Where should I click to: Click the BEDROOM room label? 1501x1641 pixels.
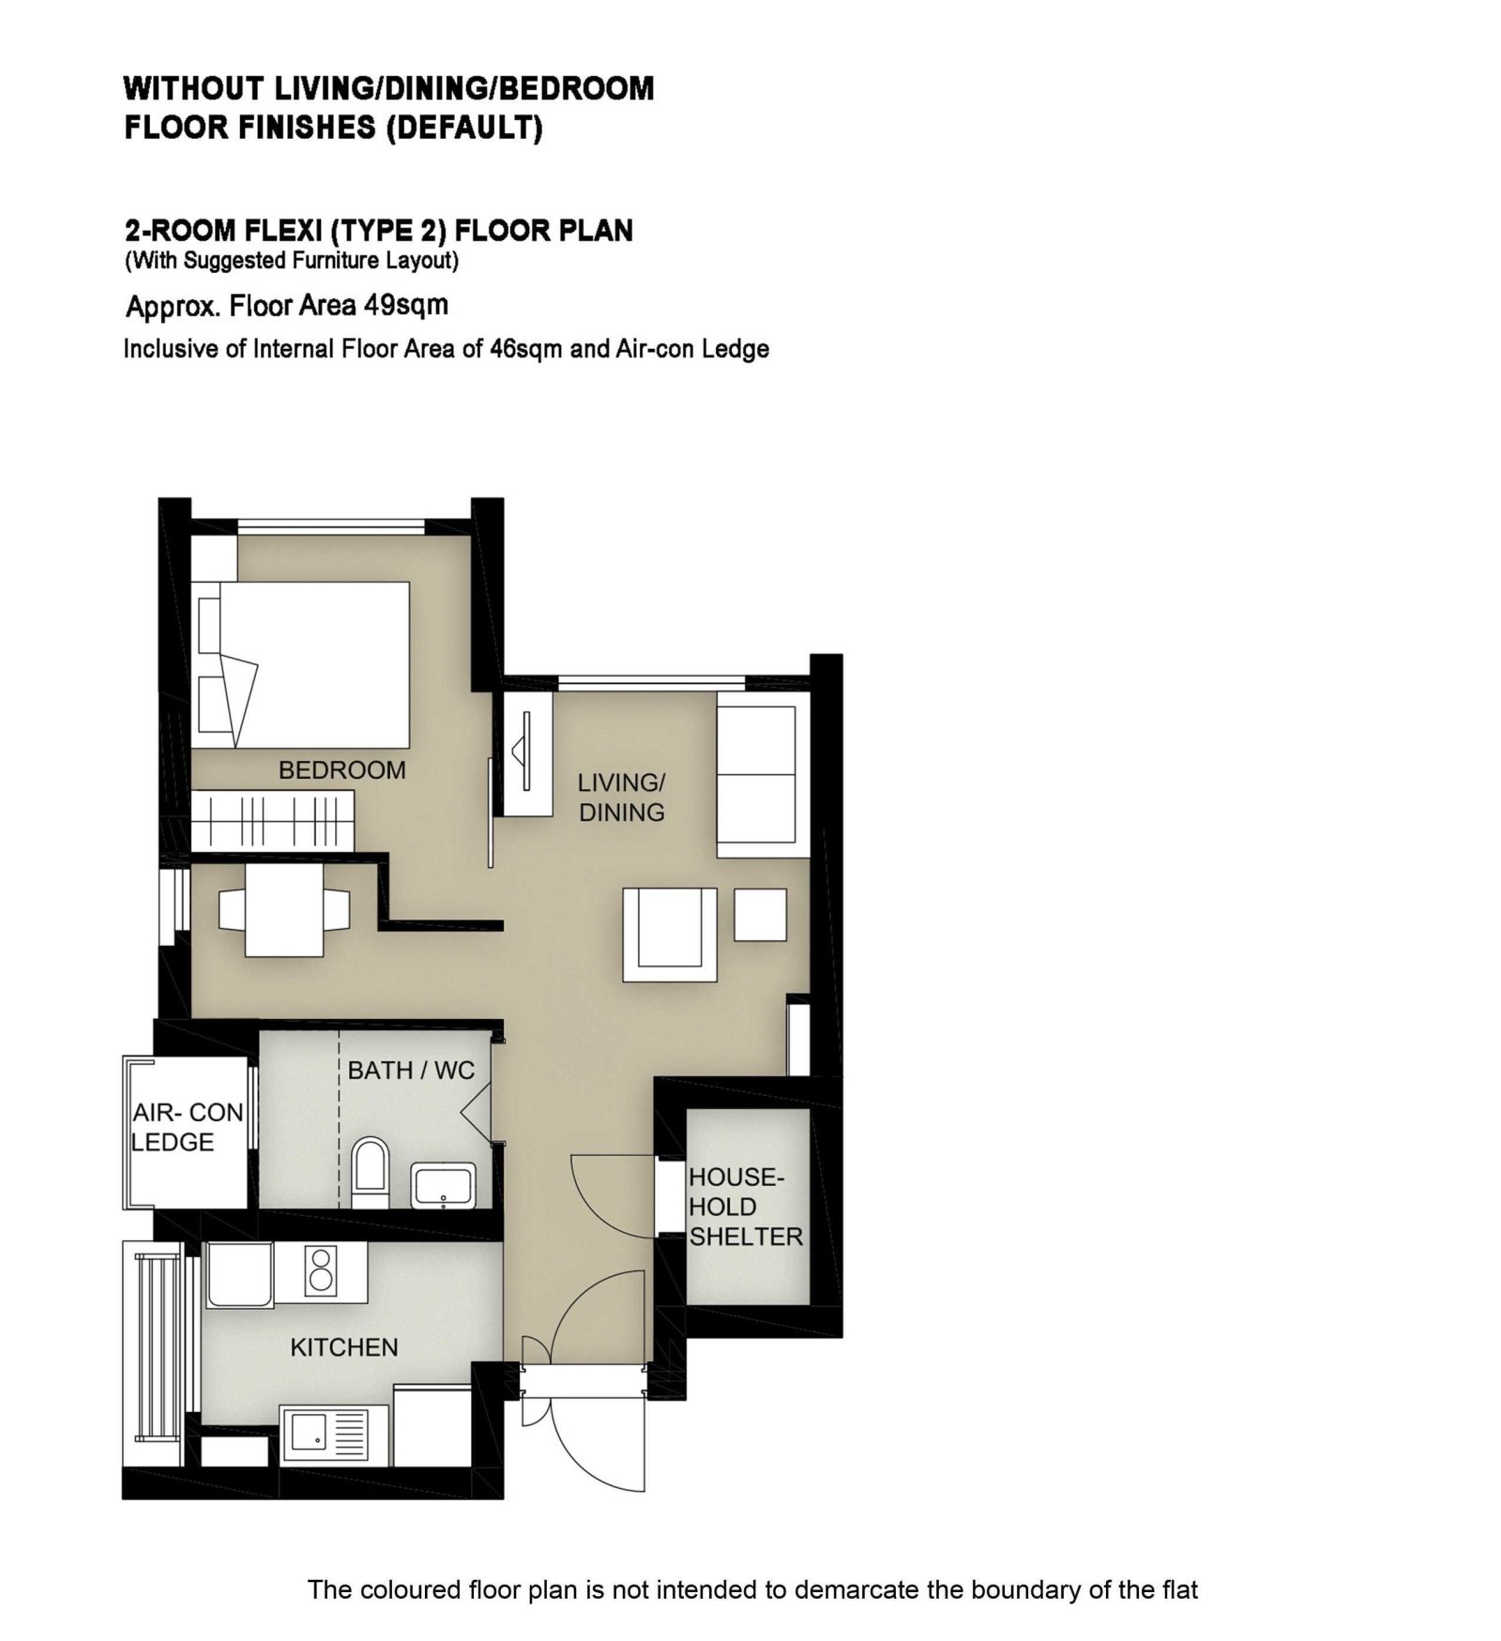pos(341,770)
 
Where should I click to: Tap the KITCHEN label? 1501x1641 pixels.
pos(343,1347)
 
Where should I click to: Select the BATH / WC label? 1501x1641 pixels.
pos(411,1071)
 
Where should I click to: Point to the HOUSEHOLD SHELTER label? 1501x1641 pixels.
pos(746,1208)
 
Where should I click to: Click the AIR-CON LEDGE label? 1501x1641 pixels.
pos(188,1127)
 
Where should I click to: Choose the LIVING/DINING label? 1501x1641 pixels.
pos(621,798)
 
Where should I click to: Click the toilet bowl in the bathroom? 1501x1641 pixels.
pos(370,1174)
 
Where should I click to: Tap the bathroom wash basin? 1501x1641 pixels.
pos(444,1186)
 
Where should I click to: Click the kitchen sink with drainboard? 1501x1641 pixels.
pos(325,1434)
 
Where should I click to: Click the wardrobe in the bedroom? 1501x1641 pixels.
pos(272,821)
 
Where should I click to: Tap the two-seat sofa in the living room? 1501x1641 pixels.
pos(763,774)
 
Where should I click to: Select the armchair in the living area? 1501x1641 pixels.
pos(670,934)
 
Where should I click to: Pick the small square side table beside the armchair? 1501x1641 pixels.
pos(760,915)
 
